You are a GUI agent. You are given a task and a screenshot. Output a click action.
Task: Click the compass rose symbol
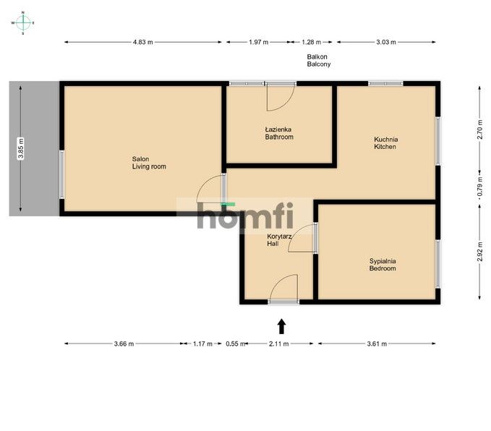point(23,23)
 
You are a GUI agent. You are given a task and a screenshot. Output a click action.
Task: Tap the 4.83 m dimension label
point(142,42)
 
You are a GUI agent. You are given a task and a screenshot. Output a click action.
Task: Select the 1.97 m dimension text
point(259,42)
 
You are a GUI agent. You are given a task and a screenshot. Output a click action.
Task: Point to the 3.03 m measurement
point(386,42)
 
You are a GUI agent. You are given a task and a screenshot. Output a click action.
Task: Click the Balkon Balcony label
point(319,61)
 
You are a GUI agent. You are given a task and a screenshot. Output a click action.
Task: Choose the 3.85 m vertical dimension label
point(21,149)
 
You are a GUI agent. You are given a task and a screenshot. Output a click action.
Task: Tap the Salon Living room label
point(149,163)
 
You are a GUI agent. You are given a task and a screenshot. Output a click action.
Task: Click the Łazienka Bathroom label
point(279,133)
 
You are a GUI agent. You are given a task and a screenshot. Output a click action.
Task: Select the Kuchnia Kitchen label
point(386,143)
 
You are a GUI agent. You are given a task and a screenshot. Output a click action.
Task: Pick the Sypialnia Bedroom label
point(383,265)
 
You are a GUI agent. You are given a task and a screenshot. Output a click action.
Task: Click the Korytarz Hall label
point(279,240)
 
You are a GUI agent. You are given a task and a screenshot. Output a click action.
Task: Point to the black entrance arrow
point(282,326)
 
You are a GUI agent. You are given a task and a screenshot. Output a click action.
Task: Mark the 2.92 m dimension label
point(479,252)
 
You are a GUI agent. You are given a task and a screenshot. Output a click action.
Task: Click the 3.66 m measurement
point(124,343)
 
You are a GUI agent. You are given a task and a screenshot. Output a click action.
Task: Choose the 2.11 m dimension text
point(278,343)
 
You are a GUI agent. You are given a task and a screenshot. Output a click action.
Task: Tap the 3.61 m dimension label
point(377,343)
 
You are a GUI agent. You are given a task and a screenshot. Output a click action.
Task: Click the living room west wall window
point(61,174)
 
